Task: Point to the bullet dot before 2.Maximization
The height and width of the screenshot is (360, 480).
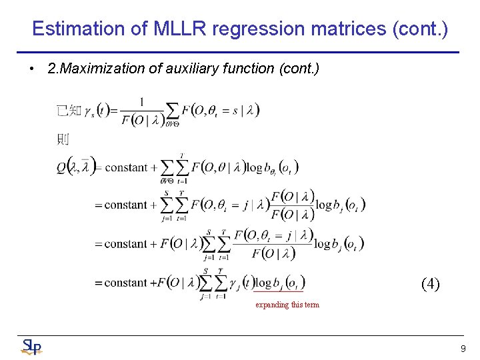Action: point(32,69)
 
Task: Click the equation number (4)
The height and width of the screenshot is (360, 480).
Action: point(430,285)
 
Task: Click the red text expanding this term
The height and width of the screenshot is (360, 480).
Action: point(287,305)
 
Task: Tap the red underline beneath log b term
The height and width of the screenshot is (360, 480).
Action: point(278,291)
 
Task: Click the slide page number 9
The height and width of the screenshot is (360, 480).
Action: point(463,349)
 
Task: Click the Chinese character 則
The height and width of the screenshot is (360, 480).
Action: point(63,139)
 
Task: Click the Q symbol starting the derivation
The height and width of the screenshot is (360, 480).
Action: point(63,167)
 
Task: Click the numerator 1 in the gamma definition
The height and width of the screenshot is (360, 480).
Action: point(141,101)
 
